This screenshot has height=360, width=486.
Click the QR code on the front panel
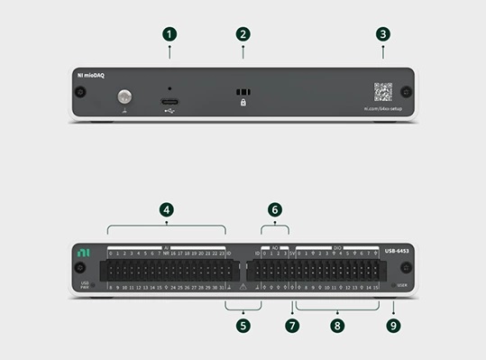click(383, 92)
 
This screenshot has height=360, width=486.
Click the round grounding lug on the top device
click(124, 96)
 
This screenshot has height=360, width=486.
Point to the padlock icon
click(243, 104)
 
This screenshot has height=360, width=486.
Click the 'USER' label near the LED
click(404, 285)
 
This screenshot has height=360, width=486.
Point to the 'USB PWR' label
click(84, 285)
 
